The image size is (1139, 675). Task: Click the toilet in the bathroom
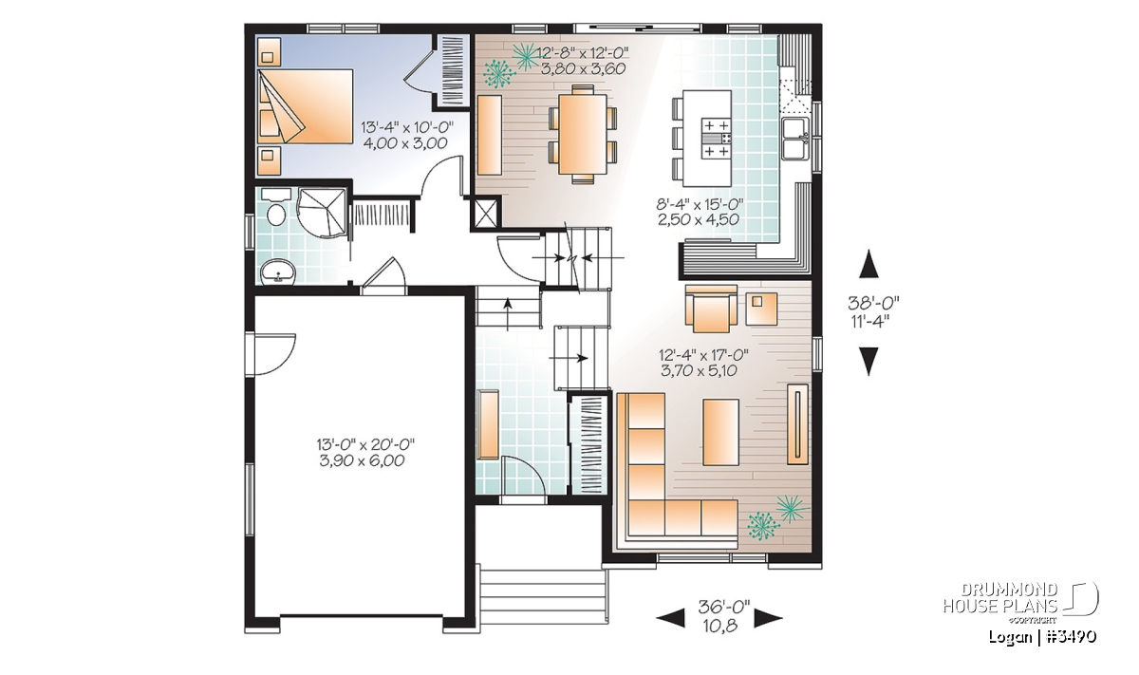275,209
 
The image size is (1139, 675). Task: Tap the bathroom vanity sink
277,272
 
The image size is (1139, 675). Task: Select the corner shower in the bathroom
323,213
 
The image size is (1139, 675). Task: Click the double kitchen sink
795,139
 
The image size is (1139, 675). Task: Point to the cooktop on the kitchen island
717,139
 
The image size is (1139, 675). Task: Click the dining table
583,134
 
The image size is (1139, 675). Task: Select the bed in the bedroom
305,105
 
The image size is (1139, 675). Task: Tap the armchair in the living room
711,309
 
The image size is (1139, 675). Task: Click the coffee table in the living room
720,432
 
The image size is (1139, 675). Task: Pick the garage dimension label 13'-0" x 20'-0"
365,444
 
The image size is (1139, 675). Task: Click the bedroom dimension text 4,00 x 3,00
405,143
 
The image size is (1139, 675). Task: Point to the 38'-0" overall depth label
873,303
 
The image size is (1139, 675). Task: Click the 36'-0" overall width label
724,607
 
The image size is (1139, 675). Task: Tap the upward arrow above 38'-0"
868,264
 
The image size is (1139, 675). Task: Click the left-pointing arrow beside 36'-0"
671,617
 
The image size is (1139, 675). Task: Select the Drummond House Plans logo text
1000,598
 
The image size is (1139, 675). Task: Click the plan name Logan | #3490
1042,637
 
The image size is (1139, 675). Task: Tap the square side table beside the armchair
761,309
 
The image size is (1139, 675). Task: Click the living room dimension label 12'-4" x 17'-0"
703,354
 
